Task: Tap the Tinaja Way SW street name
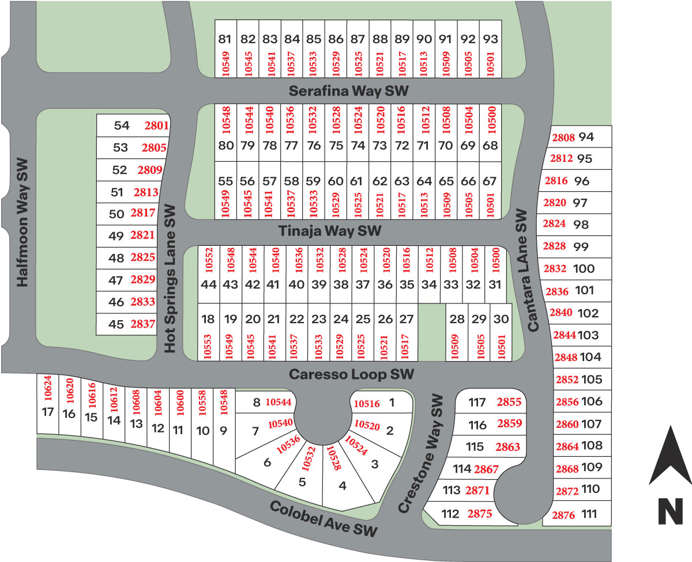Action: [330, 231]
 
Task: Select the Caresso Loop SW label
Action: [351, 374]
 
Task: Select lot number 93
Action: [490, 40]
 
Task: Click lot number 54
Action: [122, 126]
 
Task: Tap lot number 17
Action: [48, 412]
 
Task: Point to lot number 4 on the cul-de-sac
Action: [343, 485]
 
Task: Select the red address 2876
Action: [563, 515]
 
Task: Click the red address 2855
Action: [509, 402]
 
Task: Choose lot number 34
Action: [428, 284]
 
